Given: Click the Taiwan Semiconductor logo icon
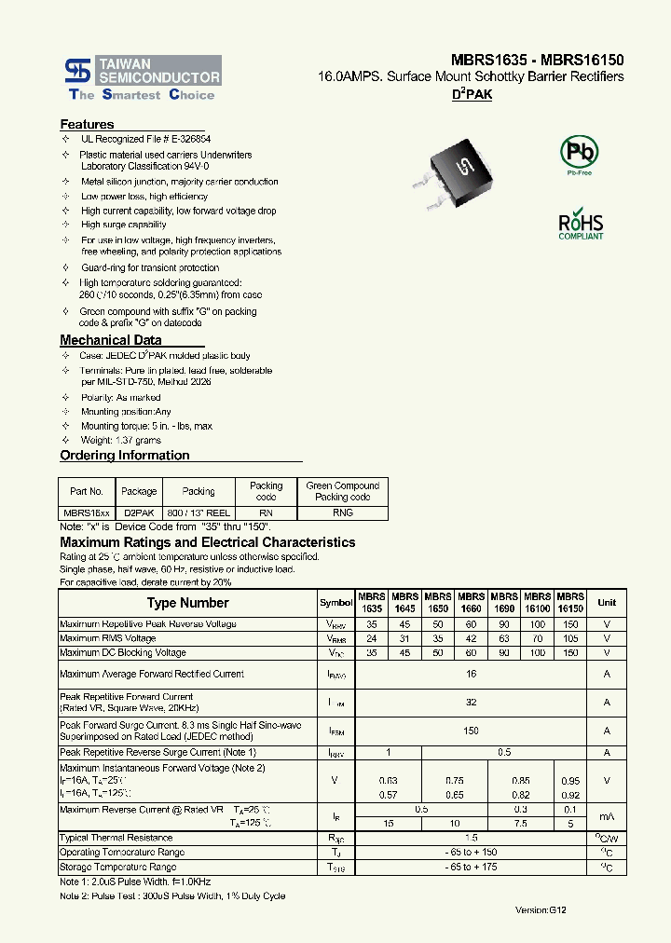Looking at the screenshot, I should pyautogui.click(x=76, y=69).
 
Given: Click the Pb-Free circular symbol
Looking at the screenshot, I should pyautogui.click(x=578, y=152).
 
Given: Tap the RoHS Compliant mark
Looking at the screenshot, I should pyautogui.click(x=581, y=226).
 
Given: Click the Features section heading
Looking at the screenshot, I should pyautogui.click(x=87, y=124).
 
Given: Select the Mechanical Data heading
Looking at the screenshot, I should pyautogui.click(x=110, y=340).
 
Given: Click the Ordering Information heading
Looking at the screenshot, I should pyautogui.click(x=124, y=456).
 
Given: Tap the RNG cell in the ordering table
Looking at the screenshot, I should pyautogui.click(x=342, y=512).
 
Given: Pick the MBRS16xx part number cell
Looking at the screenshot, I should pyautogui.click(x=87, y=512).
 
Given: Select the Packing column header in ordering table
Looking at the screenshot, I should pyautogui.click(x=199, y=491).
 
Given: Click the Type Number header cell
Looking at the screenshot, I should pyautogui.click(x=187, y=603).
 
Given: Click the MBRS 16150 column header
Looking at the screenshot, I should pyautogui.click(x=570, y=602).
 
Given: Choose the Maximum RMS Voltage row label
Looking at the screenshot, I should pyautogui.click(x=107, y=638).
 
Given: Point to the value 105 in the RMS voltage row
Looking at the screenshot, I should pyautogui.click(x=570, y=638).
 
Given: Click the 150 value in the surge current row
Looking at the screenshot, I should pyautogui.click(x=471, y=731).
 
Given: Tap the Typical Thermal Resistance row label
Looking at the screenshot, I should pyautogui.click(x=116, y=838).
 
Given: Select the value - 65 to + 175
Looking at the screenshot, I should pyautogui.click(x=471, y=867).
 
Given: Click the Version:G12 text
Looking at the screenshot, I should pyautogui.click(x=541, y=909).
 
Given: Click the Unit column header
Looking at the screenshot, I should pyautogui.click(x=607, y=603).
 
